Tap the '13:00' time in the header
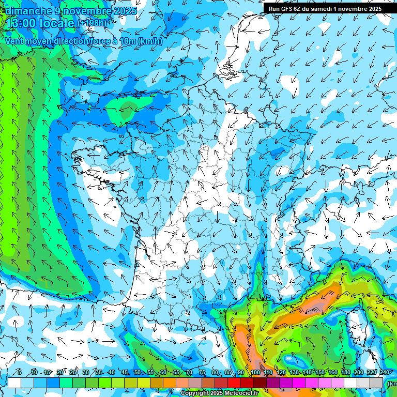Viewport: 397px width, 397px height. tap(21, 23)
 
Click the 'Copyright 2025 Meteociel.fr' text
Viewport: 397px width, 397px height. tap(219, 393)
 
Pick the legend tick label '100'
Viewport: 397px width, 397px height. tap(254, 373)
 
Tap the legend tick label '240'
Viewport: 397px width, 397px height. tap(384, 373)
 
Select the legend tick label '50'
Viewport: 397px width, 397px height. tap(138, 373)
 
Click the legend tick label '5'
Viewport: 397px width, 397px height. tap(20, 373)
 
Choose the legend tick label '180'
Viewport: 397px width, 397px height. tap(345, 373)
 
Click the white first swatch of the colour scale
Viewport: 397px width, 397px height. tap(14, 383)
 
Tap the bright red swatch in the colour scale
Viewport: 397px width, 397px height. tap(234, 383)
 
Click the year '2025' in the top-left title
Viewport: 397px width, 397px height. tap(125, 11)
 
